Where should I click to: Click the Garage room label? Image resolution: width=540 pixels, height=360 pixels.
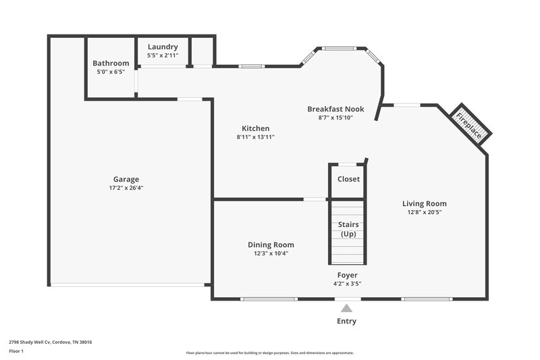coord(126,179)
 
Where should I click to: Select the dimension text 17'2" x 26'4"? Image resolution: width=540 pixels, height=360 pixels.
coord(126,188)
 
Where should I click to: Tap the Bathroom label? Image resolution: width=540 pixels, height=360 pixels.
coord(111,63)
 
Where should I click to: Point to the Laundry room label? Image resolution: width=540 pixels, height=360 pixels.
coord(163,47)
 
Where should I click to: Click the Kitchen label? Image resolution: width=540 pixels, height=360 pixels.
coord(256,128)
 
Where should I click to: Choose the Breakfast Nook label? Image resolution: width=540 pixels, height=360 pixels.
coord(335,109)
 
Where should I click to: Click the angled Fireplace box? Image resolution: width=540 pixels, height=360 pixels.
coord(470,124)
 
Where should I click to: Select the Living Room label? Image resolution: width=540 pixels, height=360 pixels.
coord(424,203)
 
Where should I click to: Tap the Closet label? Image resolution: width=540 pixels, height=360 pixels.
coord(348,179)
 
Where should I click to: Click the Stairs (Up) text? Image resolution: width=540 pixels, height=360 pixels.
coord(348,230)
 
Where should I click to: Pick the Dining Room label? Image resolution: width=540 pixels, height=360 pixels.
coord(271,245)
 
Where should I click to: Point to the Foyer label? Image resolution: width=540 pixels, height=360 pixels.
coord(348,275)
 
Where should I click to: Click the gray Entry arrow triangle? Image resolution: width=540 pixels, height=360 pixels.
coord(346,309)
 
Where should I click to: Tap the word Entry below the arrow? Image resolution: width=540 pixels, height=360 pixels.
coord(346,321)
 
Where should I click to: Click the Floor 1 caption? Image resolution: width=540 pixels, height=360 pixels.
coord(16,351)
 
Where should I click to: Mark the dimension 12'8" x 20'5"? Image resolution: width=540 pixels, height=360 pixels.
coord(424,212)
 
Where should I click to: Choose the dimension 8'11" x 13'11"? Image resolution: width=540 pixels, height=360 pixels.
coord(255,137)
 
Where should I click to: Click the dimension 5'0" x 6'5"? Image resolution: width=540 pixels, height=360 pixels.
coord(111,72)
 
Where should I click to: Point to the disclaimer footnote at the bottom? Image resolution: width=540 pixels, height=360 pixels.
coord(270,353)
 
